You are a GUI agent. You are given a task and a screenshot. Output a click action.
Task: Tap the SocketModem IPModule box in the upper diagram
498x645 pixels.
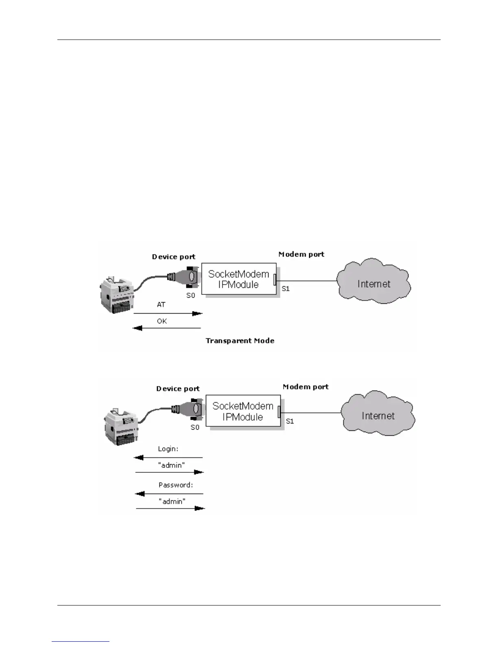point(238,279)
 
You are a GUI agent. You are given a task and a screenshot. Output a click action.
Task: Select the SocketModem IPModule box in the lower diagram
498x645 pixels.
point(243,411)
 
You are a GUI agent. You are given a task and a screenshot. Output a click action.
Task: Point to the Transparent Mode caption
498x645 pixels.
point(240,341)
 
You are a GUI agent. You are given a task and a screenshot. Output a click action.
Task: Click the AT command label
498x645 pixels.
point(161,305)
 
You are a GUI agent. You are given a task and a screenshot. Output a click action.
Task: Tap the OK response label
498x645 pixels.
point(162,321)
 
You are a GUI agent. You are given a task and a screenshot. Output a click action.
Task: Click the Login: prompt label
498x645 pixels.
point(168,449)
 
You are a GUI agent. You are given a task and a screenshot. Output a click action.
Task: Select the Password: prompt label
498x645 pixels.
point(175,485)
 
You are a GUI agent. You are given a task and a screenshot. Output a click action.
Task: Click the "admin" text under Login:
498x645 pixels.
point(171,465)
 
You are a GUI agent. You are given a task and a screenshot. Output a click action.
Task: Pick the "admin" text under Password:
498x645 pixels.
point(172,501)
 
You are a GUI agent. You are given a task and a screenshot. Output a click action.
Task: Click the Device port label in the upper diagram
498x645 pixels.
point(173,257)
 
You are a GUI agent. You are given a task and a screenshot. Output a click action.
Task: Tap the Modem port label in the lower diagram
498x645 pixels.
point(306,387)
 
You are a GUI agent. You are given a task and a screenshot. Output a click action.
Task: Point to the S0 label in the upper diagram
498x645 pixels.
point(191,296)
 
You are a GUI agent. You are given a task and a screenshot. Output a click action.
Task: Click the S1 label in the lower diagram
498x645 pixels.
point(290,421)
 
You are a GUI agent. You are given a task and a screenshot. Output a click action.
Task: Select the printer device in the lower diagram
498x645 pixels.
point(120,428)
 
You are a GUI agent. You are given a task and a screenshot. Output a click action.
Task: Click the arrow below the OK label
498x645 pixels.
point(167,328)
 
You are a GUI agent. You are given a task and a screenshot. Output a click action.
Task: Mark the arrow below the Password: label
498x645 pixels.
point(169,494)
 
